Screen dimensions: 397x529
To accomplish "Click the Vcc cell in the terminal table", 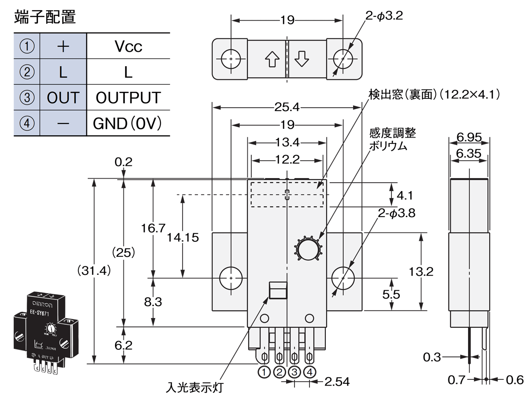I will [x=128, y=46].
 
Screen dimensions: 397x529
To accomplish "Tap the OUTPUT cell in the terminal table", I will [x=128, y=97].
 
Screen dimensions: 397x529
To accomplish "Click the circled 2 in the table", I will [x=27, y=72].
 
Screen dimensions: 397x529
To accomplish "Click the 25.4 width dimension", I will [x=287, y=106].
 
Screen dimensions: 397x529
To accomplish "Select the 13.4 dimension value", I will [x=287, y=142].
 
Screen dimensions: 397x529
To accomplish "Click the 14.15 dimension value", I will [x=183, y=237].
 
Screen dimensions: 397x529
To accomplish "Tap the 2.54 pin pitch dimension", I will [x=337, y=382].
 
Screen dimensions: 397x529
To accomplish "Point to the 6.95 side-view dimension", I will [x=469, y=137].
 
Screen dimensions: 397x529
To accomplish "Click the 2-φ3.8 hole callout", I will [x=396, y=213].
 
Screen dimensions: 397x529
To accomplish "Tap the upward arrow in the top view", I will [x=272, y=59].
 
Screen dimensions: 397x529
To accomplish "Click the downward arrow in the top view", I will [x=302, y=59].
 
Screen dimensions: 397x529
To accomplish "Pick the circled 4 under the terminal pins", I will [x=310, y=372].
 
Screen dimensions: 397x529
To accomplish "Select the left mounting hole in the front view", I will [x=231, y=278].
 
